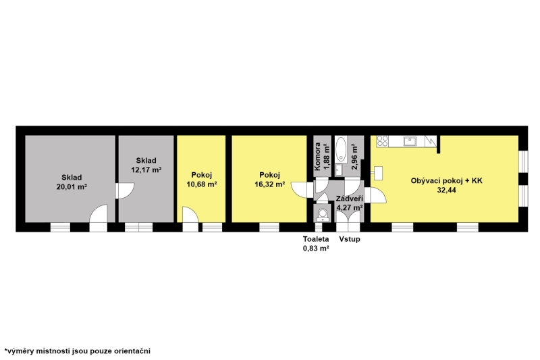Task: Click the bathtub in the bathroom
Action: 341,149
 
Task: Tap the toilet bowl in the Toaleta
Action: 323,214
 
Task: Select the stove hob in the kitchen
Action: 382,141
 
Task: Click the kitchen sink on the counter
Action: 410,141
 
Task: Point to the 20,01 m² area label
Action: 72,187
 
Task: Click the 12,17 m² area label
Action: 146,170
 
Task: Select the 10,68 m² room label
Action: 202,184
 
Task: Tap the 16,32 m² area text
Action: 269,184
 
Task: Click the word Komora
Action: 317,157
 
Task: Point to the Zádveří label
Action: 350,199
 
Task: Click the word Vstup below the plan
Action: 350,238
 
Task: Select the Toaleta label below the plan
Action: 316,238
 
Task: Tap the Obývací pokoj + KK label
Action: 447,181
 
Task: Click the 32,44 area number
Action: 447,190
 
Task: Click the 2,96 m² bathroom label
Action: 354,157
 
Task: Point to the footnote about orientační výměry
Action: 77,351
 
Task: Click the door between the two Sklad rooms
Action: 124,191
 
